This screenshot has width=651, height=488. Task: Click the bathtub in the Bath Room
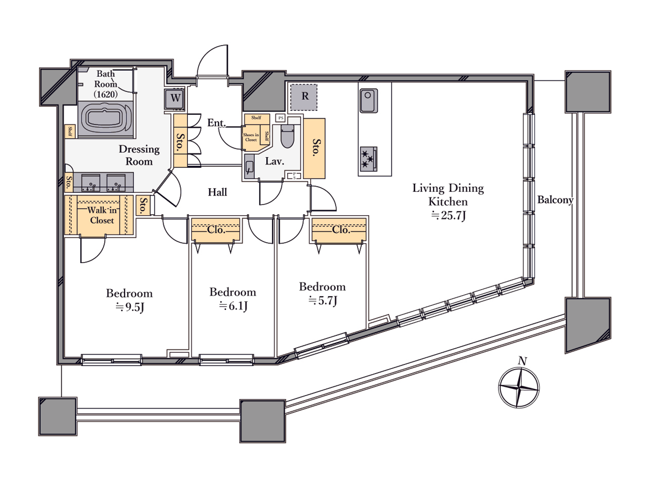(106, 119)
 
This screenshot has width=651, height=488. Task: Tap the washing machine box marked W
(175, 98)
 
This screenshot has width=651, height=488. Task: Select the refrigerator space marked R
(304, 97)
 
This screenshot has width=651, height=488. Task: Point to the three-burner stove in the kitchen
(368, 159)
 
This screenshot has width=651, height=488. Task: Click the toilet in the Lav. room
(287, 136)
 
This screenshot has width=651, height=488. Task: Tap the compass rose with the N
(518, 387)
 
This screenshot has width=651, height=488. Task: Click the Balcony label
(555, 200)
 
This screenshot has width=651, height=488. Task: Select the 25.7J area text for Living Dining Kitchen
(448, 215)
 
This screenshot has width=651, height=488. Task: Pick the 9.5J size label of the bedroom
(130, 307)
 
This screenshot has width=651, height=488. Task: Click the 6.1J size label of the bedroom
(233, 306)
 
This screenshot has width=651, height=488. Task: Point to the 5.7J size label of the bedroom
(323, 301)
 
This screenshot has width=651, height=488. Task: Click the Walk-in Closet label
(102, 215)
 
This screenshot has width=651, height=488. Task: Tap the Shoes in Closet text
(251, 137)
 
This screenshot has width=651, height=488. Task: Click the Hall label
(217, 192)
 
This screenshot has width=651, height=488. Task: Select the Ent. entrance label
(216, 123)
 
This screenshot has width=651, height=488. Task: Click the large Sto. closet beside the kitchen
(314, 148)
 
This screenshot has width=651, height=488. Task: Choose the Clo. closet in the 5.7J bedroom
(340, 230)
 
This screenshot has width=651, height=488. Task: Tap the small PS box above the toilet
(280, 118)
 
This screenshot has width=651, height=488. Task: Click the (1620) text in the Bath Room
(106, 94)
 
